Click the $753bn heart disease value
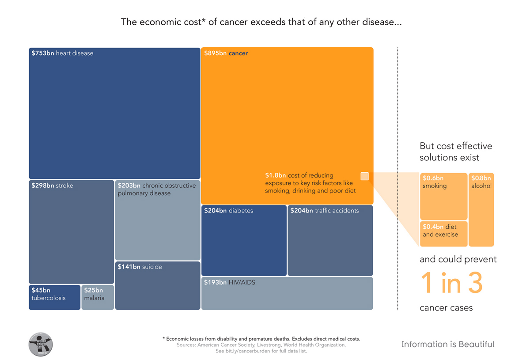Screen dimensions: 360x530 (43, 53)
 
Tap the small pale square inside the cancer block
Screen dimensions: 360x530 (364, 176)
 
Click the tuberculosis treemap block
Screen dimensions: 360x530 (54, 297)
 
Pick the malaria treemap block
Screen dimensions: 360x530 (98, 297)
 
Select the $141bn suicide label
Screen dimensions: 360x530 (140, 267)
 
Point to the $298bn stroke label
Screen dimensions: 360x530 (52, 186)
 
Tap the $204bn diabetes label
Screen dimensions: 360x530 (228, 211)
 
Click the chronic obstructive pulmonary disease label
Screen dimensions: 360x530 (156, 189)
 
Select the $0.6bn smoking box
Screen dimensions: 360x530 (443, 196)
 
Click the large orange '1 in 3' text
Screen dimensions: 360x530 (451, 283)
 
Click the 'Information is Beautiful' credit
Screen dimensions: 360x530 (448, 345)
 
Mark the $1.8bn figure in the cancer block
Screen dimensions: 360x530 (275, 175)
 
